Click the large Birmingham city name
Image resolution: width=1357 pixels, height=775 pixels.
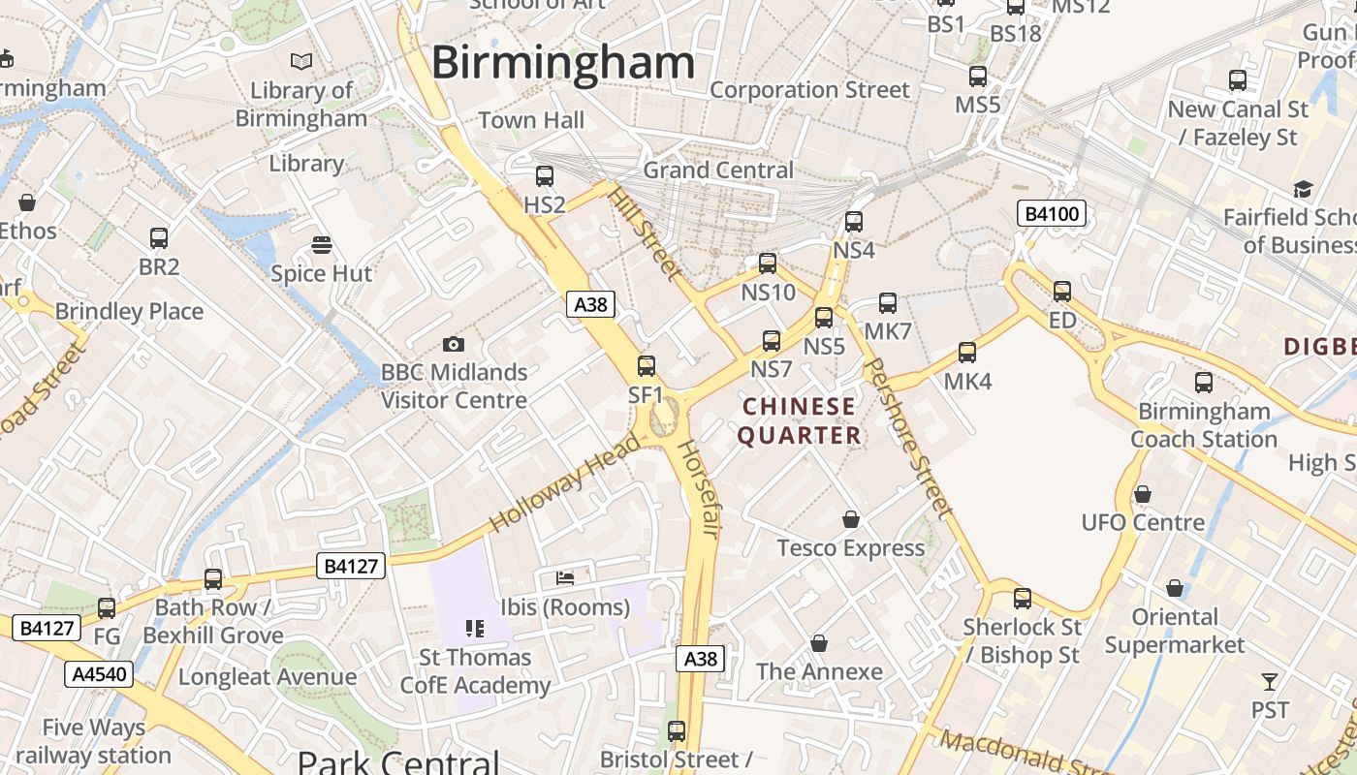coord(563,63)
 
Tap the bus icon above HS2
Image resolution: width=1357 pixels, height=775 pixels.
coord(545,176)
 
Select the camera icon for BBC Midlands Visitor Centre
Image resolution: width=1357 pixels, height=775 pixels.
coord(453,344)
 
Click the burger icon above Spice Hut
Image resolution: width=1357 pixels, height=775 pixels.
coord(322,245)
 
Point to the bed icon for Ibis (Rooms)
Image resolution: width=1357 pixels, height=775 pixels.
coord(565,578)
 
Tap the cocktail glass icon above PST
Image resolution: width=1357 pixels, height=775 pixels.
coord(1270,681)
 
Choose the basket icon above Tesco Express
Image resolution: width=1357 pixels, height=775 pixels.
coord(851,520)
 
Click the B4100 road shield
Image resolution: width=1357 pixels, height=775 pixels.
coord(1051,213)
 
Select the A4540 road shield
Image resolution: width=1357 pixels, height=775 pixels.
coord(99,674)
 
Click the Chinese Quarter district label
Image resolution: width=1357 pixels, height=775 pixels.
coord(800,421)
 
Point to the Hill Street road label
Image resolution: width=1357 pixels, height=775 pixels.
coord(645,232)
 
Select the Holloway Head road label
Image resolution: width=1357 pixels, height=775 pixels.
coord(565,483)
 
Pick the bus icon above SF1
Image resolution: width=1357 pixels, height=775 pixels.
coord(647,366)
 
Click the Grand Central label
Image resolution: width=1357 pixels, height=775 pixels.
coord(718,170)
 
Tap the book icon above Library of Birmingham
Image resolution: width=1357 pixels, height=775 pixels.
coord(301,62)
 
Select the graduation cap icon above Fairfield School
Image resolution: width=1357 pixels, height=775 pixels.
coord(1303,189)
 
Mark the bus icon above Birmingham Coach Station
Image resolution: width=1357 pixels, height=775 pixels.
coord(1204,383)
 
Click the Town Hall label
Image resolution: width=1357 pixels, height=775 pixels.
coord(531,120)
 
